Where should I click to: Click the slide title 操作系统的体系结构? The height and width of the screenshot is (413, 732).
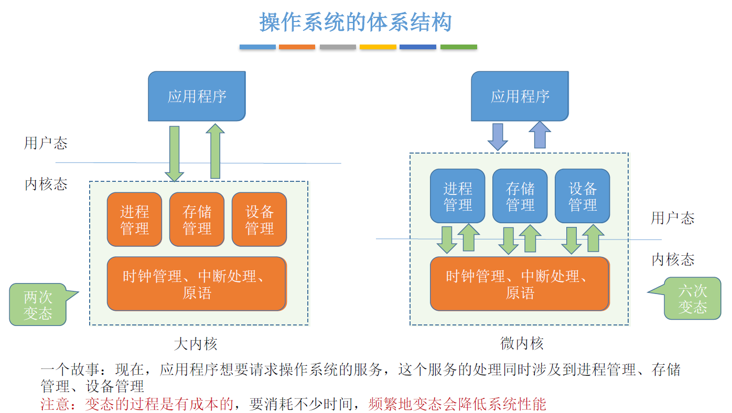[355, 22]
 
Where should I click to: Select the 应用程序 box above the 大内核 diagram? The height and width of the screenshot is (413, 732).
[197, 96]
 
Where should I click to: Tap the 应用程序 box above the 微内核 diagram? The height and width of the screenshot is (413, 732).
[520, 96]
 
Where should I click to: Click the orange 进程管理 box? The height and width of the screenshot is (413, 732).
[134, 219]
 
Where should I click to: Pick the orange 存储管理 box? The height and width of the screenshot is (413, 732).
[197, 219]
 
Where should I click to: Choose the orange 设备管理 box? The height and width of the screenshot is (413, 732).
[259, 219]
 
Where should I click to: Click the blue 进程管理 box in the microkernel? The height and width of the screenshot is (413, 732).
[457, 196]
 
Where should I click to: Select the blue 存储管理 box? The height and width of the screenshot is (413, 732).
[520, 196]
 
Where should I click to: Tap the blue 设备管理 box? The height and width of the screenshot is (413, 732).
[583, 196]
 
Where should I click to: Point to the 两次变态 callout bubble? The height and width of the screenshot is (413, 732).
[38, 305]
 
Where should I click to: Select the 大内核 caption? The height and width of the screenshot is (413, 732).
[196, 344]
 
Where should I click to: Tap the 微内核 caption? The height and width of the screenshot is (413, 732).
[522, 343]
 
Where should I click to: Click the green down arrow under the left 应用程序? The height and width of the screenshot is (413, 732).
[174, 154]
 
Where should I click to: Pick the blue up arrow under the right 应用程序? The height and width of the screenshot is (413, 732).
[540, 135]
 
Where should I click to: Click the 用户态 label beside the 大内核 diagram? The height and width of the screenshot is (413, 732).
[46, 143]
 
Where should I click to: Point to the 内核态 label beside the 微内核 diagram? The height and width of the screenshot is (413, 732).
[673, 259]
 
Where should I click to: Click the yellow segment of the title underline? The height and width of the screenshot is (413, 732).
[378, 47]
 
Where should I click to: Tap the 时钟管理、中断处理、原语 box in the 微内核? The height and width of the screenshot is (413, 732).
[520, 284]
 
